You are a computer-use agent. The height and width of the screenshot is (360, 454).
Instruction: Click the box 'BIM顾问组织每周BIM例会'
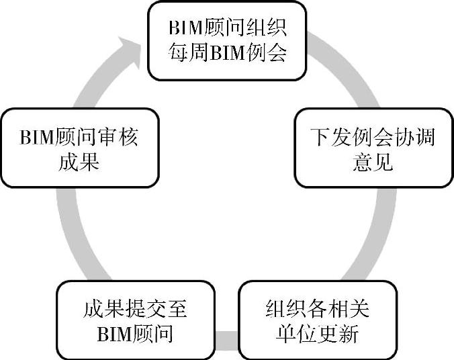[228, 40]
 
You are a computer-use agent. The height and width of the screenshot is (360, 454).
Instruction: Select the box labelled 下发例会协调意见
[373, 148]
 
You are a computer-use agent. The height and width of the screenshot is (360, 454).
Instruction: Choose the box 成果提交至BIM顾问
[135, 320]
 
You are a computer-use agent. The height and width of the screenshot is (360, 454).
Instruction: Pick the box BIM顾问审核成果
[79, 148]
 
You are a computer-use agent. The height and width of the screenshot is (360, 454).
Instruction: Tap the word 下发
[325, 137]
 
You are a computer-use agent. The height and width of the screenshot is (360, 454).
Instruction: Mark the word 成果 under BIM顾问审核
[79, 161]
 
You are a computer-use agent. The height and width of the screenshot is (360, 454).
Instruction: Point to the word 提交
[135, 309]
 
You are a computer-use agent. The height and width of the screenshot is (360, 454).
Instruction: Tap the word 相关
[350, 309]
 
